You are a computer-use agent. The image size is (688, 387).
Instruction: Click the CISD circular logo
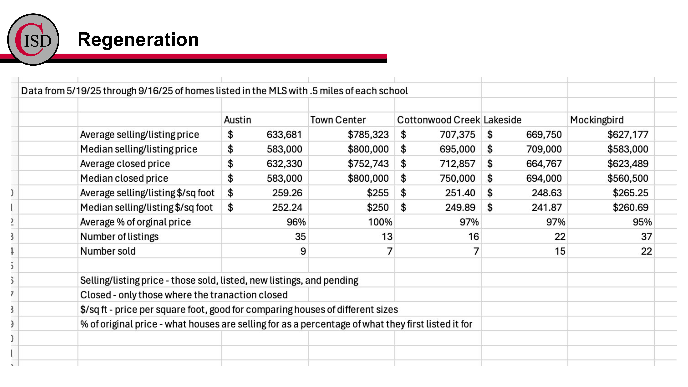33,40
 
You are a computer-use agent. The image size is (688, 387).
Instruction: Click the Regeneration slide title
138,40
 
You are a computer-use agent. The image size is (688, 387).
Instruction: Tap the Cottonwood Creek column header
438,120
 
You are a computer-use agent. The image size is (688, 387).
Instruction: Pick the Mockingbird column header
597,120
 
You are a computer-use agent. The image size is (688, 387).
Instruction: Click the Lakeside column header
502,120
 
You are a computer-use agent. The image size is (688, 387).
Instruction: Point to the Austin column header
237,120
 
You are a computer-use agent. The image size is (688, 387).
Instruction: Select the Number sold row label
108,251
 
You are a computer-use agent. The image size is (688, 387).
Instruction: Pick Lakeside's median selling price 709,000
544,149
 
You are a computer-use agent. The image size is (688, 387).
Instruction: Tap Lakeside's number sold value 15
560,251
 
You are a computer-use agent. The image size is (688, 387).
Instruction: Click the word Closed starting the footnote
95,295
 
